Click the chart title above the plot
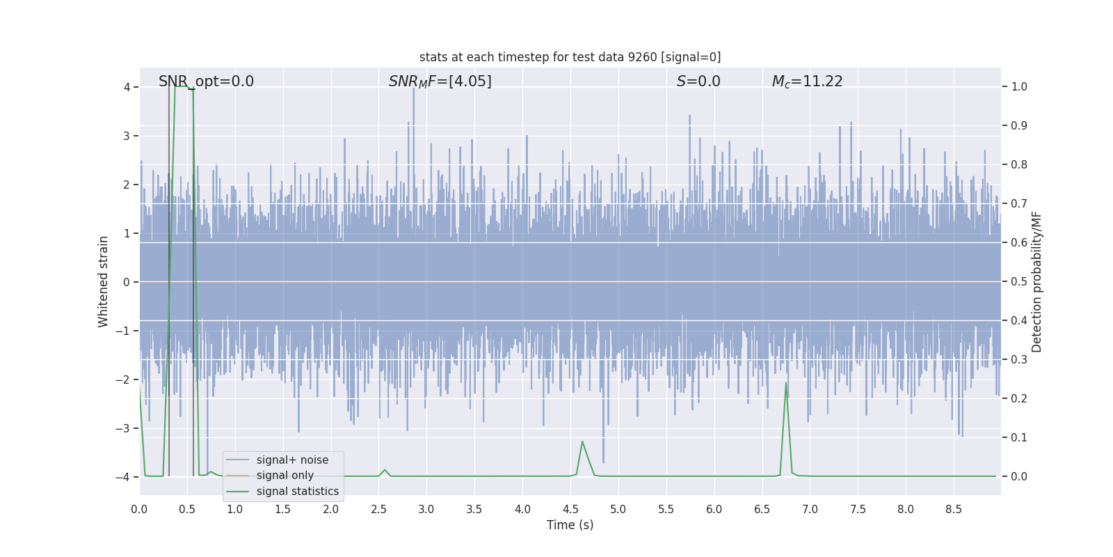click(570, 57)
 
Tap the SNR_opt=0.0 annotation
click(206, 81)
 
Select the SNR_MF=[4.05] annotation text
click(440, 81)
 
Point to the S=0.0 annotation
click(698, 81)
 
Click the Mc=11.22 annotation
click(807, 81)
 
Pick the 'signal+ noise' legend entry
click(292, 460)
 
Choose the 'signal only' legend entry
click(285, 476)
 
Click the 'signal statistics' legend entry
click(298, 492)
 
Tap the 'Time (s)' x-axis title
click(570, 525)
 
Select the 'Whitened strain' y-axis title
click(104, 281)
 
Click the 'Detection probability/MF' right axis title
click(1036, 281)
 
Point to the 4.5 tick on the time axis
click(570, 510)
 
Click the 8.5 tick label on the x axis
click(953, 510)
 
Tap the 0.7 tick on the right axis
click(1019, 204)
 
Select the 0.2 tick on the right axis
click(1019, 399)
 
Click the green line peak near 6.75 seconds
click(786, 383)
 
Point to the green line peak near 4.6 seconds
click(582, 441)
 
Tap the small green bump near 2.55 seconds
click(385, 470)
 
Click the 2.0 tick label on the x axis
click(330, 510)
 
